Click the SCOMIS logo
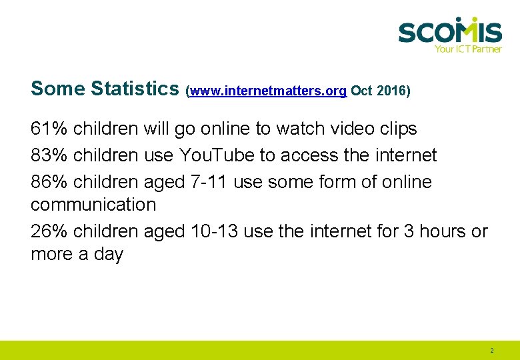tap(449, 31)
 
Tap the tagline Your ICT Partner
tap(467, 49)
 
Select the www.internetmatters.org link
tap(268, 91)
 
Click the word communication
tap(93, 204)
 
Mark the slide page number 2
tap(492, 351)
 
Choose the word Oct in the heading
tap(361, 91)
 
